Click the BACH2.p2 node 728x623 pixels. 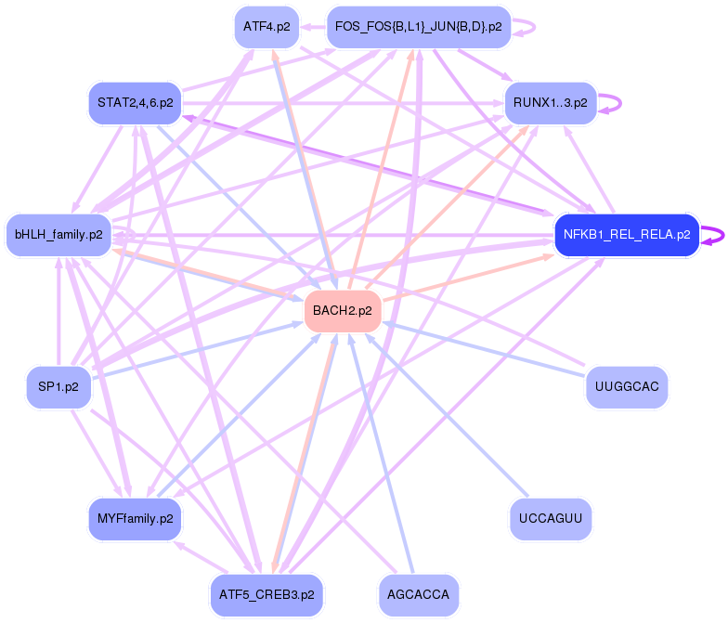coord(343,311)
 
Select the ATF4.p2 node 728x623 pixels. coord(266,27)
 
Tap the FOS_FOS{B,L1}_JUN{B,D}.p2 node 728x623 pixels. coord(418,27)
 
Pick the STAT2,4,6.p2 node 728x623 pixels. coord(135,102)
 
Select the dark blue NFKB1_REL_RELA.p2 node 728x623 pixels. coord(626,235)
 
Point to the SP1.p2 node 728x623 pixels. coord(58,386)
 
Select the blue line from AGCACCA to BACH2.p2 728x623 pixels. coord(376,446)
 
